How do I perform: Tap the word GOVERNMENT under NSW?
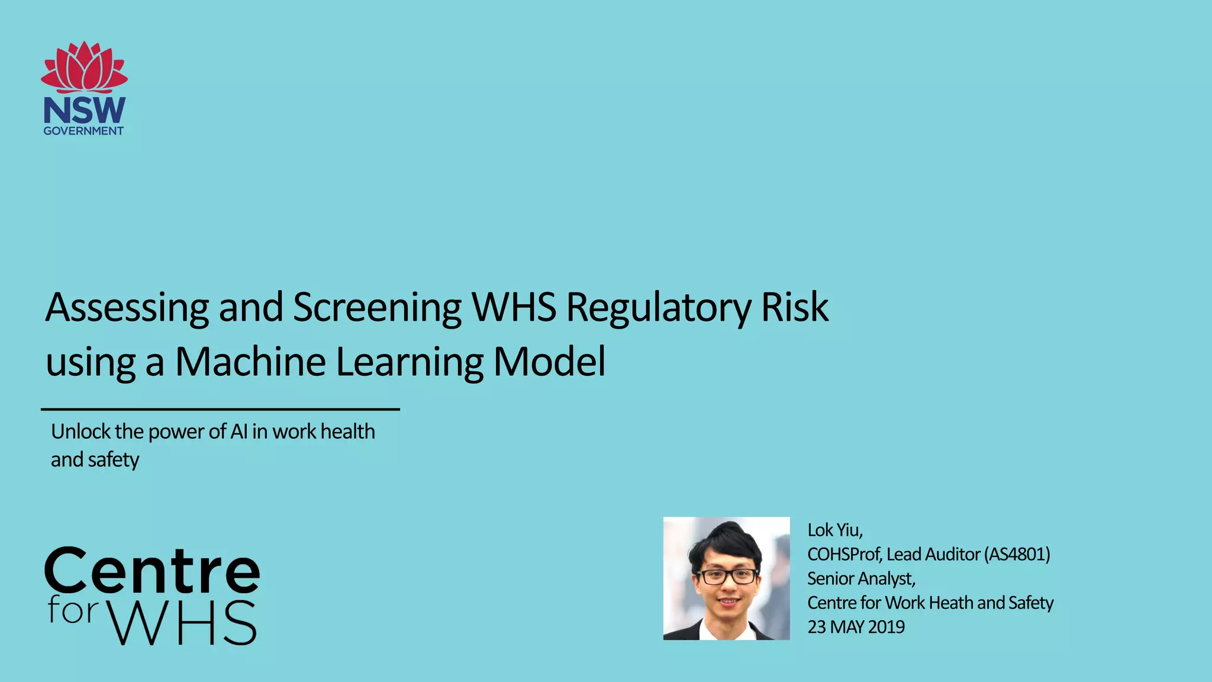click(83, 131)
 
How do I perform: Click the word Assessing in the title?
click(127, 307)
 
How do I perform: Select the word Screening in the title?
click(377, 307)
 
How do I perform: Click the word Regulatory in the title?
click(659, 307)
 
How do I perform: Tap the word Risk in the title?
click(795, 307)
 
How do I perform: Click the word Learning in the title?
click(409, 362)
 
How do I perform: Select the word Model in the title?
click(549, 362)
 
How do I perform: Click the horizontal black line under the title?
click(220, 409)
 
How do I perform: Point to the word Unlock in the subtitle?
click(80, 432)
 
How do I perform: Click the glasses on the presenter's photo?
click(727, 575)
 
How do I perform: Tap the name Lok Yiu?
click(835, 530)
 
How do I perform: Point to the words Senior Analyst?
click(861, 578)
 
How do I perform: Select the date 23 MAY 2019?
click(856, 627)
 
